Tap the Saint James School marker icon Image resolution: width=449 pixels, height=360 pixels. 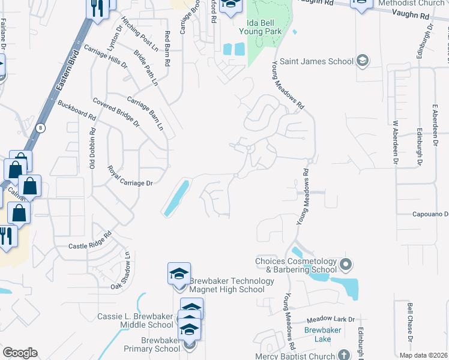tap(362, 61)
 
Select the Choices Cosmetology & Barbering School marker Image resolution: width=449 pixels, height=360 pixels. tap(345, 265)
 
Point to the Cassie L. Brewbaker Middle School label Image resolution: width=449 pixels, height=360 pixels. tap(135, 320)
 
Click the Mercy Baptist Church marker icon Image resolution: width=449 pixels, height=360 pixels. tap(343, 355)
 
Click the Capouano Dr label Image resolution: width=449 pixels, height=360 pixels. tap(430, 214)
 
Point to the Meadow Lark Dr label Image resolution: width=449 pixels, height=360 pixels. tap(331, 320)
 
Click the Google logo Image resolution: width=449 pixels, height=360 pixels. tap(20, 353)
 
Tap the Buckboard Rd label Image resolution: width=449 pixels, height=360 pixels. tap(76, 109)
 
